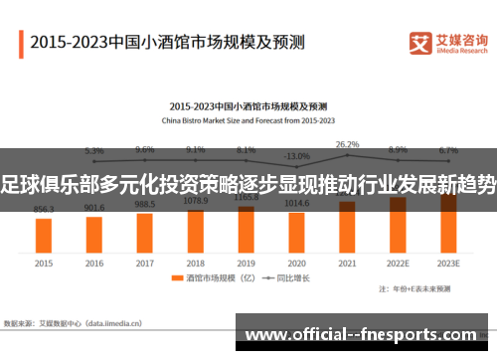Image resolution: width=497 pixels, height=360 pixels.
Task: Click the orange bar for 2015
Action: pyautogui.click(x=44, y=235)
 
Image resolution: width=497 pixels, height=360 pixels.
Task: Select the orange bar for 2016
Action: pyautogui.click(x=94, y=234)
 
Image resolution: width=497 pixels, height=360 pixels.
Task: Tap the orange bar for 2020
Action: pyautogui.click(x=296, y=231)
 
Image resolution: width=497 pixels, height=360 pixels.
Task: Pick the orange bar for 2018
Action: pyautogui.click(x=196, y=228)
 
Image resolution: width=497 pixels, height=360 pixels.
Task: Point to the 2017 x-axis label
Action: pyautogui.click(x=145, y=264)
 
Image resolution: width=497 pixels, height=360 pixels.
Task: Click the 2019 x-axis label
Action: pyautogui.click(x=247, y=264)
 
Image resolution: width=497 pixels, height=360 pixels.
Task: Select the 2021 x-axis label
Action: pyautogui.click(x=347, y=264)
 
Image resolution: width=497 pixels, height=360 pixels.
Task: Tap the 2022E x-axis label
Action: pyautogui.click(x=398, y=264)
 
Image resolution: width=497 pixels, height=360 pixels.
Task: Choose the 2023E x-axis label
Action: pyautogui.click(x=448, y=264)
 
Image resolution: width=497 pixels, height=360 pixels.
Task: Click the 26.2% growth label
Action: pyautogui.click(x=347, y=144)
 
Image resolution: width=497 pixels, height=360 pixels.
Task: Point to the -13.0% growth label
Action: pyautogui.click(x=296, y=156)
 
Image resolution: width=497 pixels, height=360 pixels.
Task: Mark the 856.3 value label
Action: pyautogui.click(x=44, y=210)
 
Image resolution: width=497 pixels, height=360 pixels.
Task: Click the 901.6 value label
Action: pyautogui.click(x=94, y=208)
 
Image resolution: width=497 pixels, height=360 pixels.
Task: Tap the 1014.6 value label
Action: pyautogui.click(x=296, y=202)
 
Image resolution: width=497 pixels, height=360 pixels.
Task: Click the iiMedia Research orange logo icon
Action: pyautogui.click(x=421, y=43)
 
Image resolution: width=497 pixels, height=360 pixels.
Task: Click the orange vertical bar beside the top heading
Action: pyautogui.click(x=21, y=43)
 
